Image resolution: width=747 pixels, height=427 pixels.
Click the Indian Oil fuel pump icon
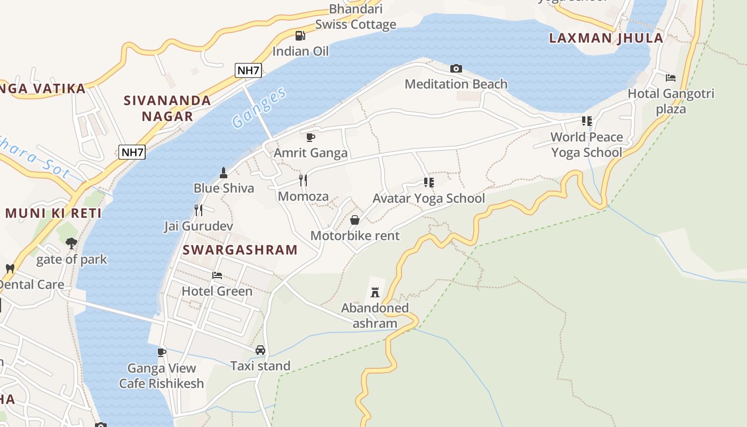pos(300,36)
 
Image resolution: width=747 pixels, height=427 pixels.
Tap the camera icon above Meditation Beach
pos(456,68)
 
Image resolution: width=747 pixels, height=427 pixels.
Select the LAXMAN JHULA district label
pos(606,38)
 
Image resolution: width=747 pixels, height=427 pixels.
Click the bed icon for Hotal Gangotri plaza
pos(671,78)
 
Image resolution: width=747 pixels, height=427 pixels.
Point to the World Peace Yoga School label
pos(586,145)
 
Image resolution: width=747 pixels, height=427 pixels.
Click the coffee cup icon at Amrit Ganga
pos(311,137)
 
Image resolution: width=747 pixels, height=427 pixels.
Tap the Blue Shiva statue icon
pos(224,172)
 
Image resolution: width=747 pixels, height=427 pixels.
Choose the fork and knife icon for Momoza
pos(303,180)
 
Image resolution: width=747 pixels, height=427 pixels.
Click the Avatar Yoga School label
pos(428,199)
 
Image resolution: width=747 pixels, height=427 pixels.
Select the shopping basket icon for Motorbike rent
pos(354,220)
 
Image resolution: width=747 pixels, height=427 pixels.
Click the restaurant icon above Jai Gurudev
pos(198,210)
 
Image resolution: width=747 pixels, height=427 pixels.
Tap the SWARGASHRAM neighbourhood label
pos(240,250)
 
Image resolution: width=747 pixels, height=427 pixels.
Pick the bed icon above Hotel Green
pos(217,275)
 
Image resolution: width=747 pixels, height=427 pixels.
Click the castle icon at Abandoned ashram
pos(375,292)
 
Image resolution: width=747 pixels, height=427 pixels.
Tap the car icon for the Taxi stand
pos(260,350)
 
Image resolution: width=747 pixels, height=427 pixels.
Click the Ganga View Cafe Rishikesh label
pos(161,376)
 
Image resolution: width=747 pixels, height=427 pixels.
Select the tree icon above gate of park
pos(71,244)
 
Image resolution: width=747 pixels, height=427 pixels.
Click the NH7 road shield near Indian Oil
pos(248,70)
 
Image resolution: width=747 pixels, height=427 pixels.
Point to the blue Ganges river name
pos(259,108)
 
